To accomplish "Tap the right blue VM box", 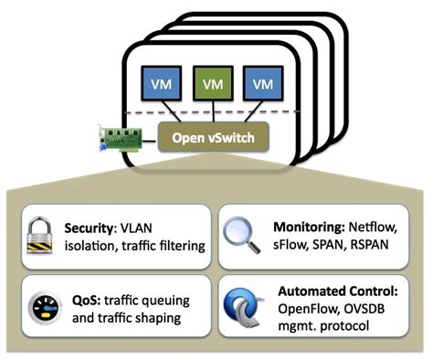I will (x=262, y=84).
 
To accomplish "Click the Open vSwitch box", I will (x=213, y=138).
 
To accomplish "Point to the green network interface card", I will (x=121, y=139).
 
